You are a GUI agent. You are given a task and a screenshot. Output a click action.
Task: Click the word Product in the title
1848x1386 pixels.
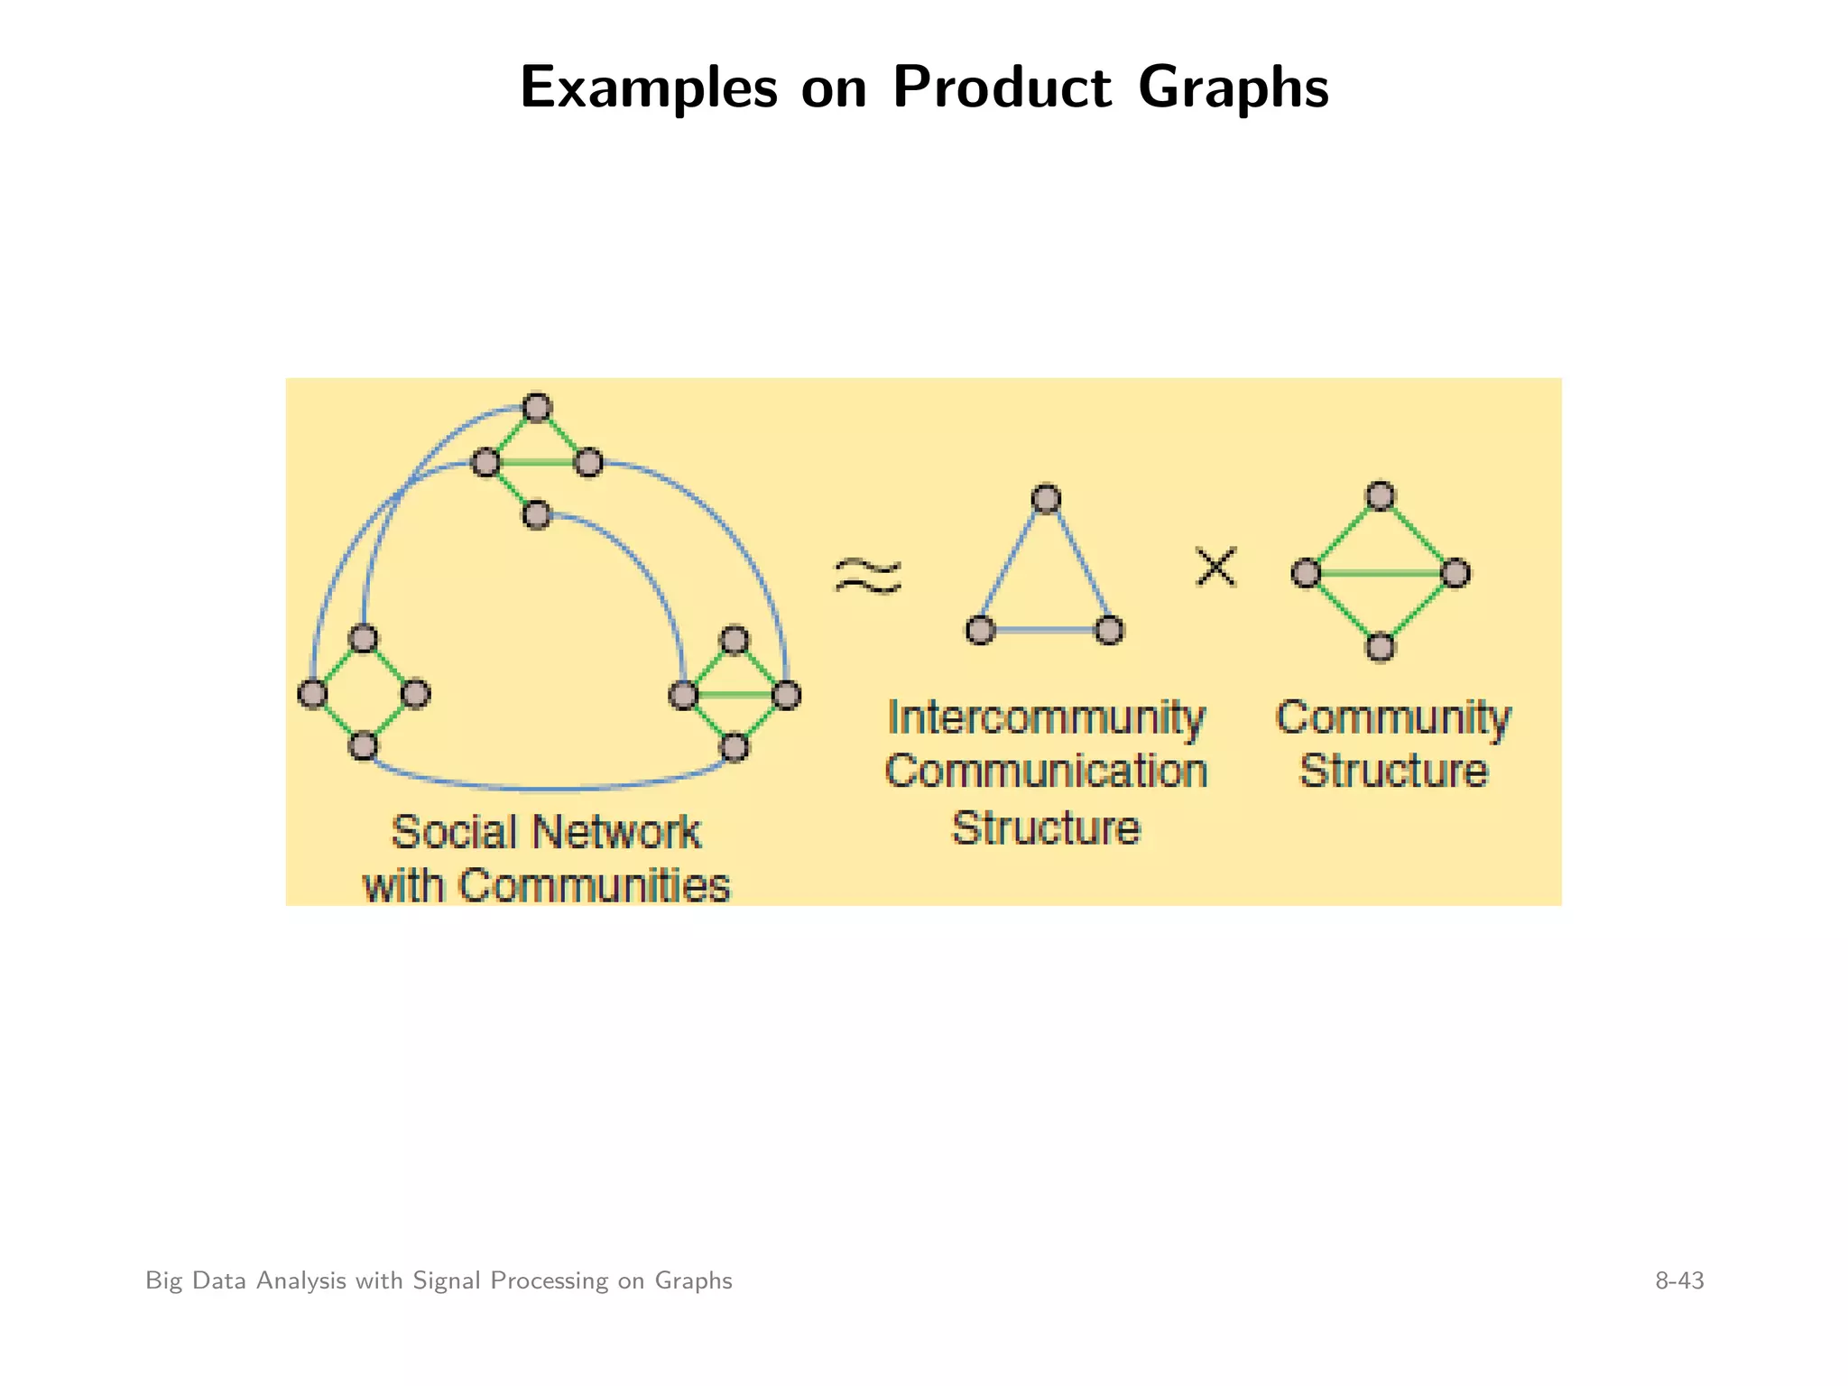point(1002,88)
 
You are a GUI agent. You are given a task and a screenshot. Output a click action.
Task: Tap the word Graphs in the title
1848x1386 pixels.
point(1233,88)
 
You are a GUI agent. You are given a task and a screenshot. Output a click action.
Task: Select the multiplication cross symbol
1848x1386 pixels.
point(1215,568)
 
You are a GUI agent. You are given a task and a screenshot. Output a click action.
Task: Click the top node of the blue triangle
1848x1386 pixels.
point(1046,499)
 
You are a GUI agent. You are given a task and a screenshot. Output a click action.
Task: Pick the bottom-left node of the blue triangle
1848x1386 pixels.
point(981,629)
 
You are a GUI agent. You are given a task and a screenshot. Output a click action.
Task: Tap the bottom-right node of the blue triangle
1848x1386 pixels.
point(1110,629)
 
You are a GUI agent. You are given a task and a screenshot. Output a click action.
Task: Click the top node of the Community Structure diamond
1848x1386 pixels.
point(1381,496)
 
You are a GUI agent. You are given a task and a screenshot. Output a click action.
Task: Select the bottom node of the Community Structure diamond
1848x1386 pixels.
point(1381,647)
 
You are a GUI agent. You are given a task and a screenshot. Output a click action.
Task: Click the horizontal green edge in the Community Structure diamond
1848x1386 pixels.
point(1381,573)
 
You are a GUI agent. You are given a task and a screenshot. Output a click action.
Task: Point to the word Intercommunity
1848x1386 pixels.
point(1046,718)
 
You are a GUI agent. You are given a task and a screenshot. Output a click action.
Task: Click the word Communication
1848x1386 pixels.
point(1046,772)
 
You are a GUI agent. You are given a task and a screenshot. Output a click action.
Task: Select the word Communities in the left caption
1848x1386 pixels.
point(594,885)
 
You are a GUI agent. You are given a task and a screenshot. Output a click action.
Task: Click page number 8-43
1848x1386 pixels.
point(1679,1280)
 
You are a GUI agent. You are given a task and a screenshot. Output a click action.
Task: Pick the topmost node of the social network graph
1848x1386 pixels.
point(537,408)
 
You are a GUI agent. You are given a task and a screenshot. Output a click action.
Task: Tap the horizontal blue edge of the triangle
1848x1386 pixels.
point(1045,629)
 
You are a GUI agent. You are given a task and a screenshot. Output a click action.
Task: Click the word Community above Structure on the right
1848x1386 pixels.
point(1392,718)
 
